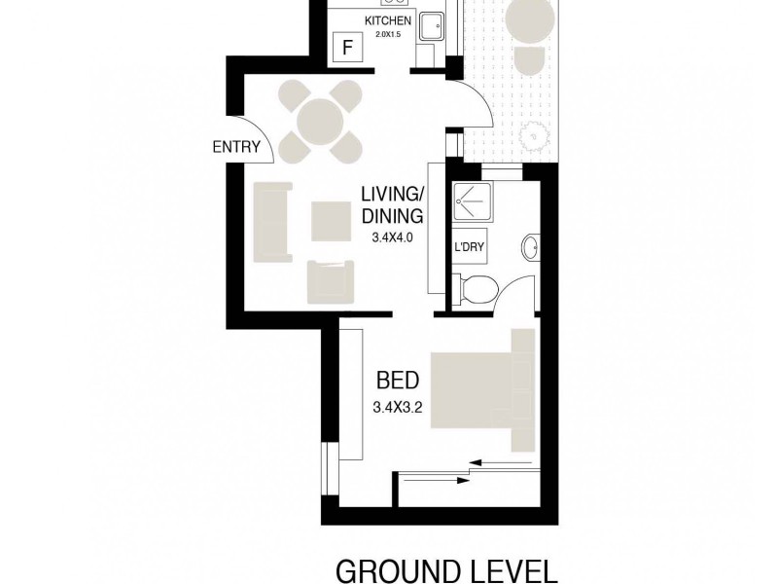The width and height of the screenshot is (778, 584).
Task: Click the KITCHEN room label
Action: [x=388, y=21]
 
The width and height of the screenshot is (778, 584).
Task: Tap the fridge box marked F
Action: [x=344, y=47]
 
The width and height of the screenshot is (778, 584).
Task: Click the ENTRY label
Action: [x=237, y=148]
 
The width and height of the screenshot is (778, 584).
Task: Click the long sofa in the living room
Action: [x=271, y=221]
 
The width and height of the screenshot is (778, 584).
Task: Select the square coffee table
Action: [x=330, y=219]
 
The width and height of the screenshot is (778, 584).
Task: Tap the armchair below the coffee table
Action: [x=329, y=279]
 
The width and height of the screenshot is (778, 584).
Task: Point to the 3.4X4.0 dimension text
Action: [x=393, y=236]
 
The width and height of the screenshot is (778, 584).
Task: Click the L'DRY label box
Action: [x=468, y=246]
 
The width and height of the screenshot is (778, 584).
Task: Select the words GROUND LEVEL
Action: [x=446, y=569]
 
